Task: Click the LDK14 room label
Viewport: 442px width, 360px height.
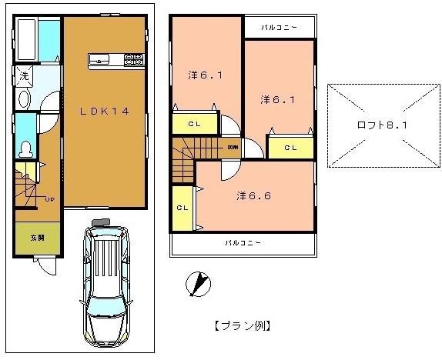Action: click(x=105, y=111)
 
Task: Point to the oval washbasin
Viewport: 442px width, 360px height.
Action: click(x=23, y=98)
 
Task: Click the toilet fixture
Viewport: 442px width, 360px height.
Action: click(x=25, y=146)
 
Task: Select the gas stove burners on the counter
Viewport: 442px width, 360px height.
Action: click(x=134, y=59)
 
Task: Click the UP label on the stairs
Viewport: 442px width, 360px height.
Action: click(x=49, y=199)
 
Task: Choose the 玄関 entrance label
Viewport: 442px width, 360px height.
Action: click(x=36, y=238)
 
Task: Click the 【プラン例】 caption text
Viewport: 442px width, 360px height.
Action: click(x=241, y=325)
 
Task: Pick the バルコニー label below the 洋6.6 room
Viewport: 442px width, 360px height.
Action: click(x=243, y=243)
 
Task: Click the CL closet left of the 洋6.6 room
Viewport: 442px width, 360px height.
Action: click(x=183, y=208)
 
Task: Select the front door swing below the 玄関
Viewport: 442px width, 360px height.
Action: click(x=46, y=266)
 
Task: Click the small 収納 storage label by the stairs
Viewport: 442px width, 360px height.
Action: click(x=232, y=146)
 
